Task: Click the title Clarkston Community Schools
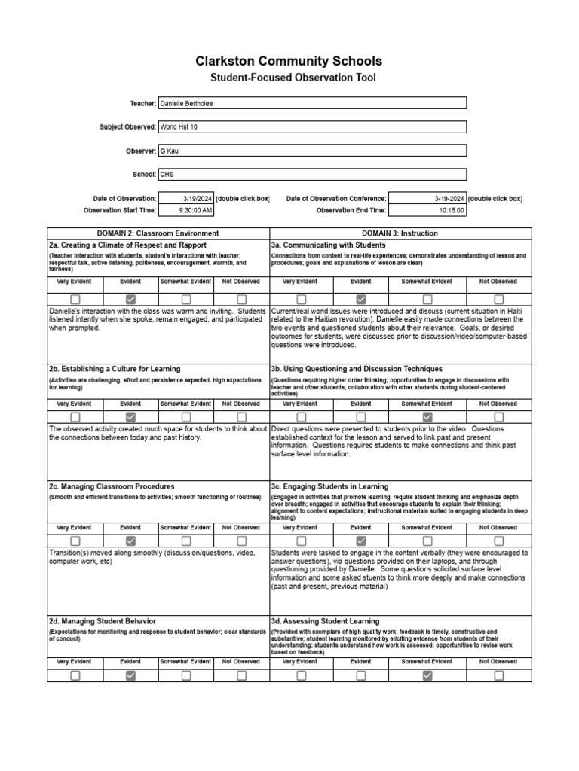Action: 289,61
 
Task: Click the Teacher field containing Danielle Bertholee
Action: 312,103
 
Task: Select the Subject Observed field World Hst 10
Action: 312,127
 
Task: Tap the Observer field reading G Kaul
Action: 312,151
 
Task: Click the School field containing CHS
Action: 312,174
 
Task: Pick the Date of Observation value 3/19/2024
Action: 185,198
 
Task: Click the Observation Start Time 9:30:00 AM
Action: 185,210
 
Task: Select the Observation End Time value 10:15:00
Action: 427,210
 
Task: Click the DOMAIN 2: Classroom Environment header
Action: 158,233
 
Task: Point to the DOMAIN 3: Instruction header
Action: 400,233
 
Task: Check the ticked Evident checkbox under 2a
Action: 130,300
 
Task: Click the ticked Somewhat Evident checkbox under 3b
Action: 427,417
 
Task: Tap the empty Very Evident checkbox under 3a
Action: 301,300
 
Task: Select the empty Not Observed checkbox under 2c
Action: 241,541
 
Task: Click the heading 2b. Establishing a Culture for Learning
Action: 115,369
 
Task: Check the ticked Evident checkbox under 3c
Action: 361,541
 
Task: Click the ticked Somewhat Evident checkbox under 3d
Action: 427,675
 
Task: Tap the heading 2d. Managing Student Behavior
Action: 103,621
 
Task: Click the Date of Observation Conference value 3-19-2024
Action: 427,198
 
